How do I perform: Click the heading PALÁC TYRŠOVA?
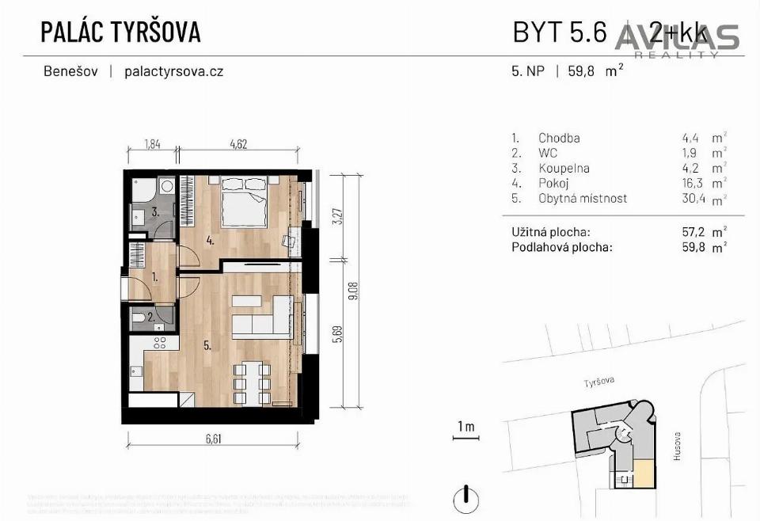click(x=120, y=32)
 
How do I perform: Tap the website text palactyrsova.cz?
click(x=174, y=71)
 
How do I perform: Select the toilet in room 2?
click(x=139, y=318)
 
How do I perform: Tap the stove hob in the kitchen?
click(x=159, y=343)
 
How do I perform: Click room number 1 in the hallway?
click(x=155, y=278)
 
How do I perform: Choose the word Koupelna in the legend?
click(x=564, y=168)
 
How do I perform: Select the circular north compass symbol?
click(x=467, y=499)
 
